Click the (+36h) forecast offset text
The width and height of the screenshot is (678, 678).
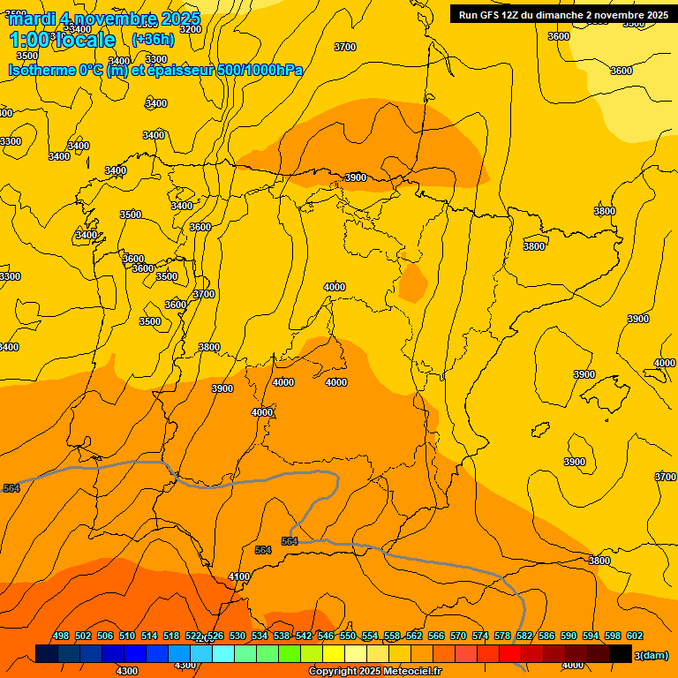click(153, 39)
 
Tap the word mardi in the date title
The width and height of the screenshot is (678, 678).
click(34, 18)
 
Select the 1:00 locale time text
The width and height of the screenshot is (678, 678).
click(62, 40)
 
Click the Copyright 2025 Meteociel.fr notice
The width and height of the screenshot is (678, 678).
click(375, 672)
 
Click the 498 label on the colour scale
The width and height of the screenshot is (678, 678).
click(61, 636)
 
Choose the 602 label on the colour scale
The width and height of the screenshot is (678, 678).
click(635, 636)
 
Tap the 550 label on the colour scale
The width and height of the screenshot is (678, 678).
click(348, 636)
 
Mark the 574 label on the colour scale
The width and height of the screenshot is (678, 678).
click(480, 636)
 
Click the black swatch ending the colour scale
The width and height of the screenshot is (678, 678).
click(621, 653)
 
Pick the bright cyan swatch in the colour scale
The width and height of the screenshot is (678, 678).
click(223, 653)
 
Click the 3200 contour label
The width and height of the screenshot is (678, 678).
click(190, 29)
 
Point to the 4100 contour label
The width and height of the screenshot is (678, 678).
click(239, 576)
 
